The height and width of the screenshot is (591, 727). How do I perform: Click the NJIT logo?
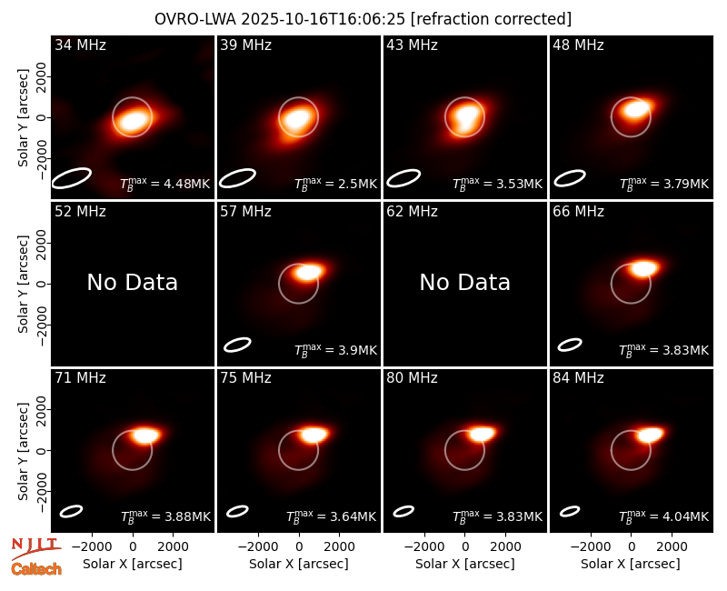(35, 548)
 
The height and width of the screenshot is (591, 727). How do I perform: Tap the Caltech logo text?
(36, 569)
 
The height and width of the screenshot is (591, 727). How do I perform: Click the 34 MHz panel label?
(80, 45)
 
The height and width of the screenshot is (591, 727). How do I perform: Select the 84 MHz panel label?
(578, 378)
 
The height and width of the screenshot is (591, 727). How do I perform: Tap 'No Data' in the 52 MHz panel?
(132, 283)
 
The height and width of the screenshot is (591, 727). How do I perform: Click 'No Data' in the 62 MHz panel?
(465, 283)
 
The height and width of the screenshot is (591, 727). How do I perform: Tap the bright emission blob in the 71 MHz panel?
(145, 436)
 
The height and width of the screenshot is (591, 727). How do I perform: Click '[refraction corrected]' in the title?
(492, 19)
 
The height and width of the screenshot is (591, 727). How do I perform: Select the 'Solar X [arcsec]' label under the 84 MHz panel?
(631, 564)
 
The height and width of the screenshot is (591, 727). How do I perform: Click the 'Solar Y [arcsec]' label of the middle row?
(23, 284)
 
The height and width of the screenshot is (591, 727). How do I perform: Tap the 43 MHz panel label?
(413, 45)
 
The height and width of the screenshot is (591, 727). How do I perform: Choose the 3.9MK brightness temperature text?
(335, 349)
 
